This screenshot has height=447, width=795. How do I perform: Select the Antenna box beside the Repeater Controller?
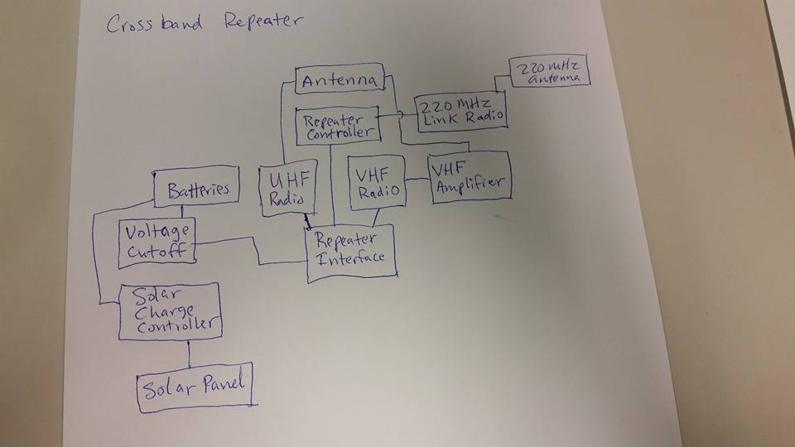click(340, 80)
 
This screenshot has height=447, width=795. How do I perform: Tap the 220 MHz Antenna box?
click(550, 72)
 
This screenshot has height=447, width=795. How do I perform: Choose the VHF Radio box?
click(376, 184)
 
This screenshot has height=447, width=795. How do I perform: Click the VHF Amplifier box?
click(469, 176)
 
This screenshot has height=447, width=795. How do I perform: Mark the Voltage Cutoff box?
click(157, 243)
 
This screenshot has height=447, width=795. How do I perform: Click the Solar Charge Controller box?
click(170, 310)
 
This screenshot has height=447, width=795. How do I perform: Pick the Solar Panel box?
click(195, 386)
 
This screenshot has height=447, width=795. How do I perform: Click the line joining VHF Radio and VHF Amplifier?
click(417, 177)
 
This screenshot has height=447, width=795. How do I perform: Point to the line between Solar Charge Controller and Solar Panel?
click(190, 352)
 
